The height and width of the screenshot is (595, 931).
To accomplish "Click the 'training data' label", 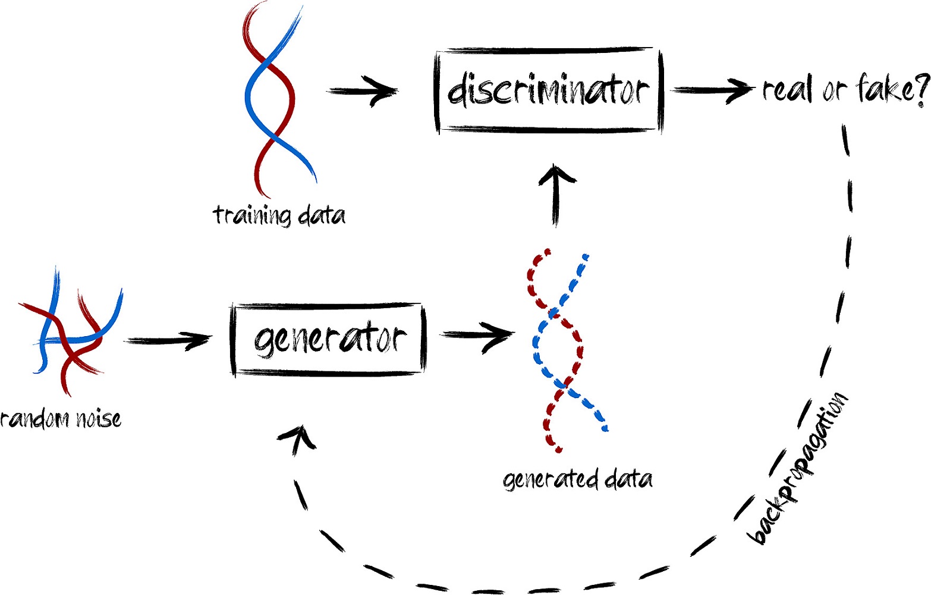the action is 279,215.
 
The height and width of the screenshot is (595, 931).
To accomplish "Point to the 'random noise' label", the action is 61,419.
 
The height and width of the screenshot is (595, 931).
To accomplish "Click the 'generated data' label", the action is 577,480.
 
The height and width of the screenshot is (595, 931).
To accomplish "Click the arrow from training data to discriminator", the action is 363,90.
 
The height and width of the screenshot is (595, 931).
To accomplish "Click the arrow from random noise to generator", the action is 168,341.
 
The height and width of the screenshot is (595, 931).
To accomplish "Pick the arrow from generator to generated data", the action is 478,335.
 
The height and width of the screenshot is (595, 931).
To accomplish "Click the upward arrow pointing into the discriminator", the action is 556,196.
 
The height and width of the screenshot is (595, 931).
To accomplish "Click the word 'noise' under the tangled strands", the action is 99,419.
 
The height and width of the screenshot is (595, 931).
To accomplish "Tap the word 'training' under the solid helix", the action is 252,215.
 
